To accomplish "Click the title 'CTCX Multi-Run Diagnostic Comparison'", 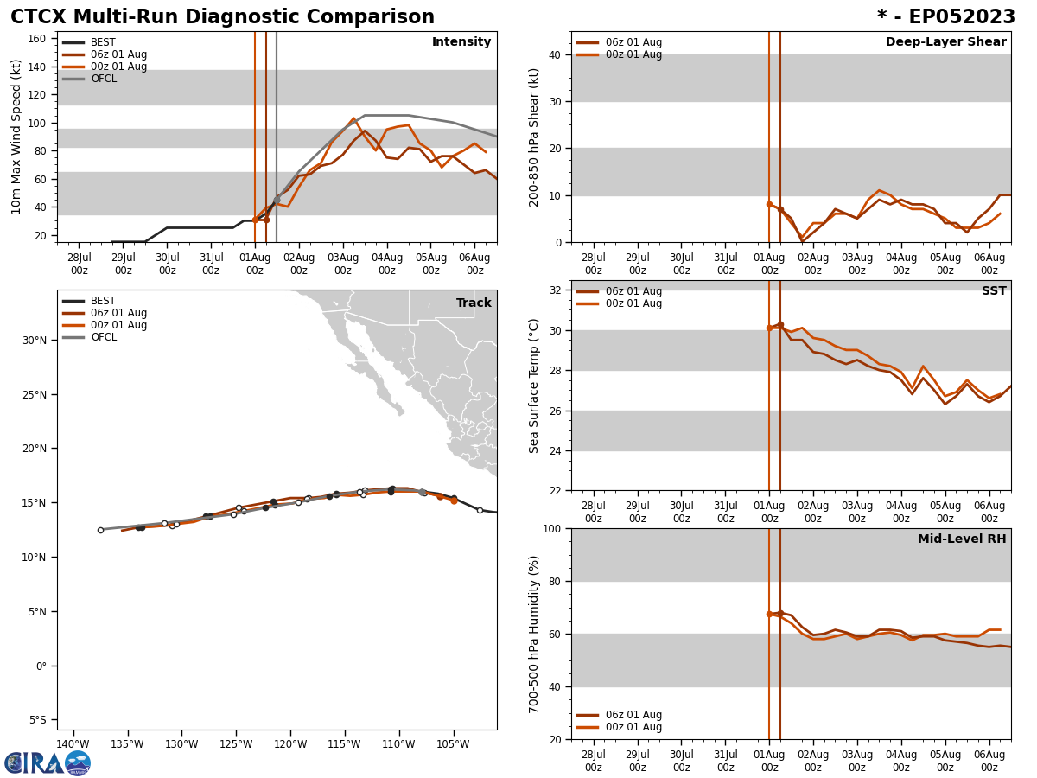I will pyautogui.click(x=222, y=17).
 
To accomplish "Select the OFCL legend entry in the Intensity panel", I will pyautogui.click(x=103, y=79).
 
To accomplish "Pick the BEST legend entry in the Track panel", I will pyautogui.click(x=103, y=301).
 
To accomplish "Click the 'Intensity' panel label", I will pyautogui.click(x=461, y=42).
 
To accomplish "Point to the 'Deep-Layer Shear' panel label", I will pyautogui.click(x=945, y=42).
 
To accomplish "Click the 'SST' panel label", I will pyautogui.click(x=993, y=291).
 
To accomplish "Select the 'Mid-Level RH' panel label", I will pyautogui.click(x=962, y=539).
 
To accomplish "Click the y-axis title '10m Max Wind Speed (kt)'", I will pyautogui.click(x=16, y=137).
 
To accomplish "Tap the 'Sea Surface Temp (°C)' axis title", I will pyautogui.click(x=534, y=386).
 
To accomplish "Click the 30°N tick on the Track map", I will pyautogui.click(x=35, y=340).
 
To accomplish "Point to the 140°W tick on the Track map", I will pyautogui.click(x=73, y=744).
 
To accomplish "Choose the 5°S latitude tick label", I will pyautogui.click(x=37, y=720).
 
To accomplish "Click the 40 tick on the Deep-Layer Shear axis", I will pyautogui.click(x=553, y=54).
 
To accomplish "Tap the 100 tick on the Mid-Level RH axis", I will pyautogui.click(x=550, y=528).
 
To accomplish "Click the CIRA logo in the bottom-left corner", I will pyautogui.click(x=48, y=763).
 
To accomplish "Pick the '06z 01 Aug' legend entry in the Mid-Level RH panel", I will pyautogui.click(x=633, y=715).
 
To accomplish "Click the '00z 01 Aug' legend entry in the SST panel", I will pyautogui.click(x=633, y=303).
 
